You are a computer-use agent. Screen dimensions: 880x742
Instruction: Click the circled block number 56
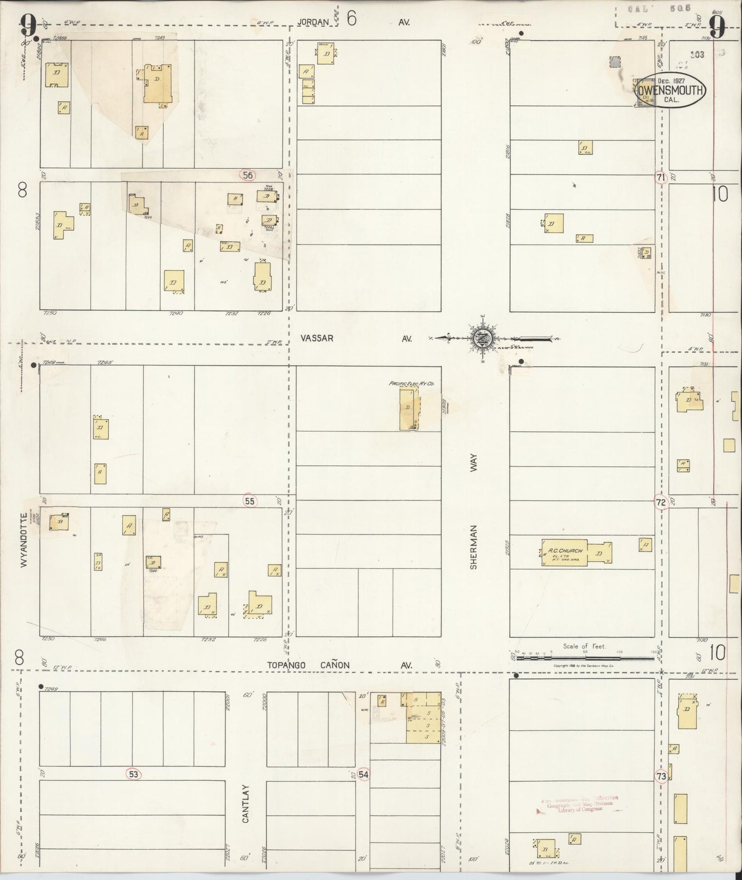(248, 175)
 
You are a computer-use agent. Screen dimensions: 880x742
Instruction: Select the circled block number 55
(250, 501)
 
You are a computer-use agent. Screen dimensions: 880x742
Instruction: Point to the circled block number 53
(134, 774)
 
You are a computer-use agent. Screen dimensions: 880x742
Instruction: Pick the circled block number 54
(364, 774)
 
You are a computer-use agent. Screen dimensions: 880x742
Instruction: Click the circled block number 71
(661, 178)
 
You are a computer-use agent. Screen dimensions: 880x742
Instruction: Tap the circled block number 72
(661, 502)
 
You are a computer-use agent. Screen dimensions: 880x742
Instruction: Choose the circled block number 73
(661, 776)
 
